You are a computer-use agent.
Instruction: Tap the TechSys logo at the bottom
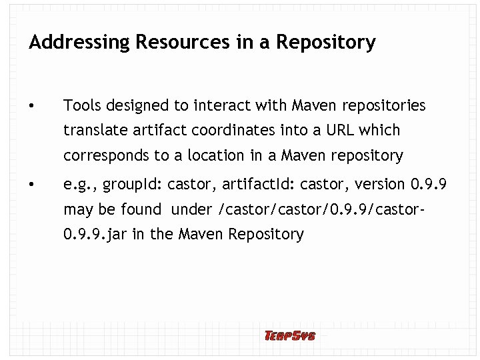[x=289, y=336]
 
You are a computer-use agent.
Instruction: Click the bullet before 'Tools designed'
[x=32, y=106]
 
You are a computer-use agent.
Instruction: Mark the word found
[x=141, y=209]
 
